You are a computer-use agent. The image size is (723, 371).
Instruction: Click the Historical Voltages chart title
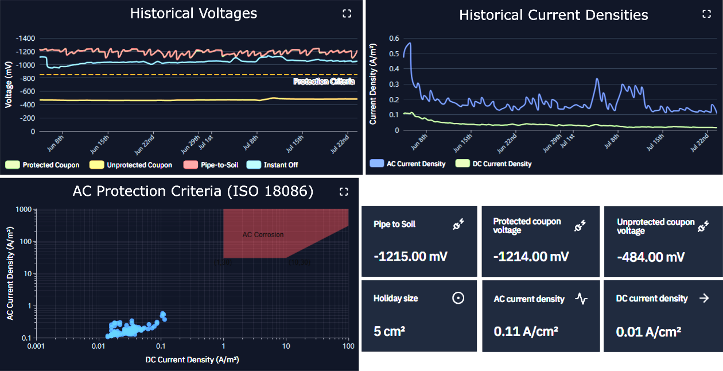(x=193, y=13)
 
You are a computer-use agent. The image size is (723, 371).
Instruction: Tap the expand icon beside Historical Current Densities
(x=706, y=14)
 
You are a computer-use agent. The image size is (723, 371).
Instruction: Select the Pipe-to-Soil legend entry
(x=210, y=165)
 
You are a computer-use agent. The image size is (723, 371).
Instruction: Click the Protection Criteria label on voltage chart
(x=324, y=82)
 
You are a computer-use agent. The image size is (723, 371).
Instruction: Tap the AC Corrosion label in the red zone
(x=263, y=234)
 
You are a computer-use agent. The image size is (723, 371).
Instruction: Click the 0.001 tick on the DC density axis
(x=36, y=346)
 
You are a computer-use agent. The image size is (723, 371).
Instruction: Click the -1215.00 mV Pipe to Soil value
(x=410, y=256)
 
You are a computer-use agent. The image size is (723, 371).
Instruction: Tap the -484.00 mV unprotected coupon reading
(x=651, y=257)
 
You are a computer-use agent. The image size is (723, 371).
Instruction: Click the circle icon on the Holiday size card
(x=458, y=298)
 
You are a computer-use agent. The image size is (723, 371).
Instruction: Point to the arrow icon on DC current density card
(x=703, y=298)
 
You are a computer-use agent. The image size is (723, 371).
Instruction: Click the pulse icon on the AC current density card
(x=581, y=299)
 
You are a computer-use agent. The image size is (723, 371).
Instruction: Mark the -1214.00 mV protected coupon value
(x=531, y=256)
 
